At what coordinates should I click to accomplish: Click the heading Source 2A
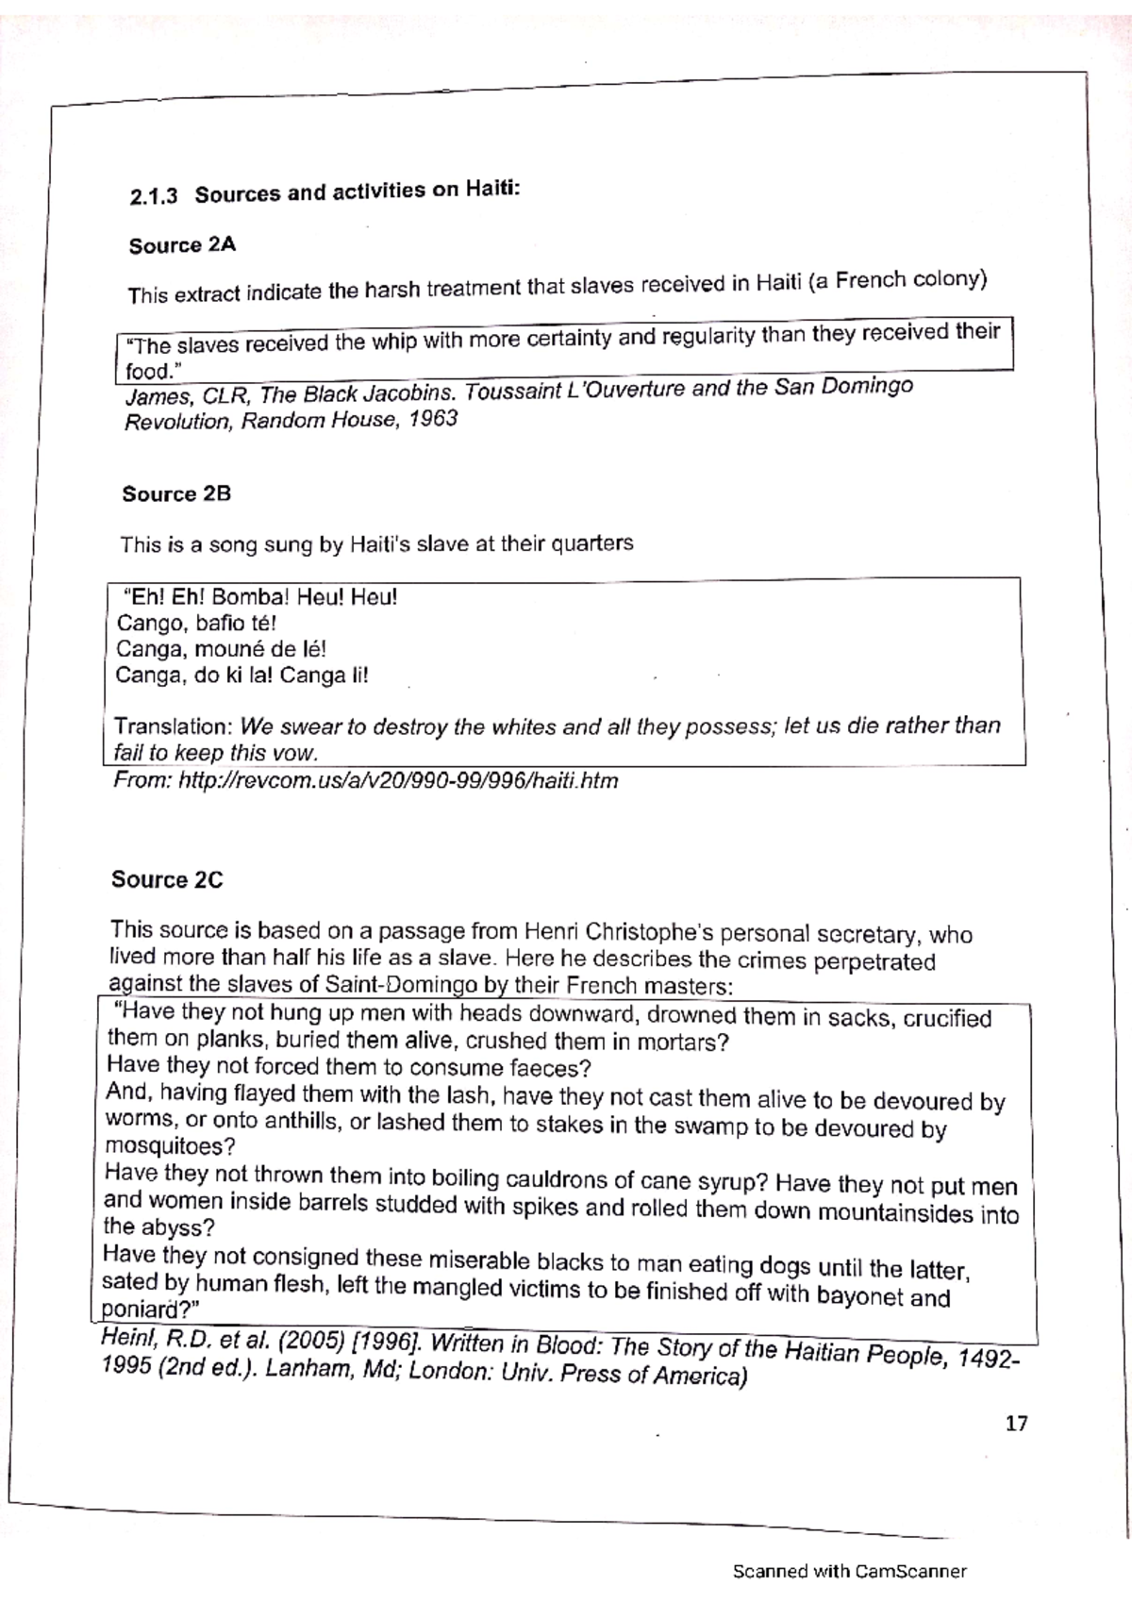point(182,246)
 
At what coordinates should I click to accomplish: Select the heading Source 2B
point(176,494)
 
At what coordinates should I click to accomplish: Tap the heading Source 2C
point(167,879)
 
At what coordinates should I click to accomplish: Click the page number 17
point(1016,1424)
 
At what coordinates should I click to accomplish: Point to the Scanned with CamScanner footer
point(849,1571)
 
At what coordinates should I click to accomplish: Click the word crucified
point(947,1019)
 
